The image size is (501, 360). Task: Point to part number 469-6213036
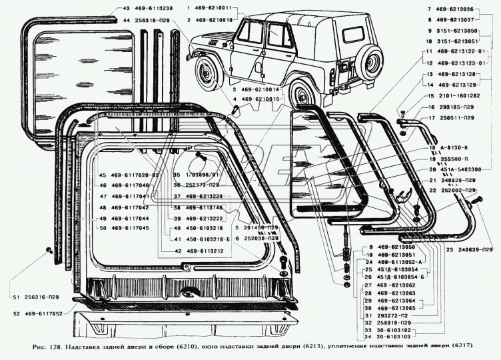click(x=470, y=9)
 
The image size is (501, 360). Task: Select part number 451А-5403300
click(x=468, y=170)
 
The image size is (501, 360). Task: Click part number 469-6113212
click(x=203, y=251)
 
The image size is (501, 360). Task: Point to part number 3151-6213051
click(x=470, y=40)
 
